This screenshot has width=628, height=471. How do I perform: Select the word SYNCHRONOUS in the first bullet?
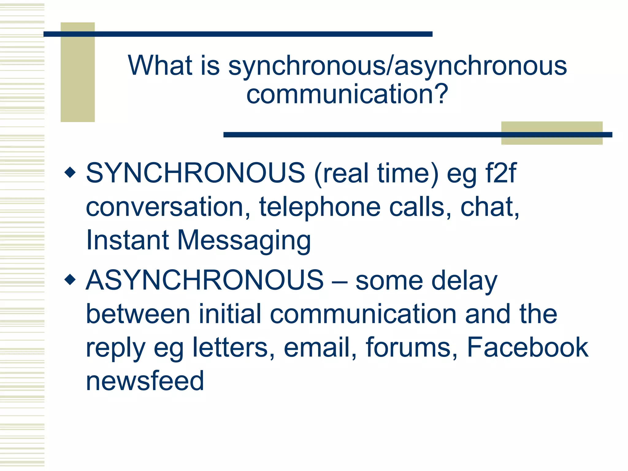click(195, 173)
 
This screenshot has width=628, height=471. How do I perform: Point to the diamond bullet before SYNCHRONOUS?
click(70, 172)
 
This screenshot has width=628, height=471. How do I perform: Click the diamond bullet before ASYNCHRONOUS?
click(70, 279)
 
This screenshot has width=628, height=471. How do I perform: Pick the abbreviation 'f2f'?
click(501, 173)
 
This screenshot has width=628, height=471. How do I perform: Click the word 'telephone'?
click(320, 207)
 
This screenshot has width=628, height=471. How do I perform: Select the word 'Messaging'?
click(244, 240)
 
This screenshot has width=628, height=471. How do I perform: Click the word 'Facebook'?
click(527, 347)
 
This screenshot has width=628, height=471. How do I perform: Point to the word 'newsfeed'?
click(145, 381)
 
